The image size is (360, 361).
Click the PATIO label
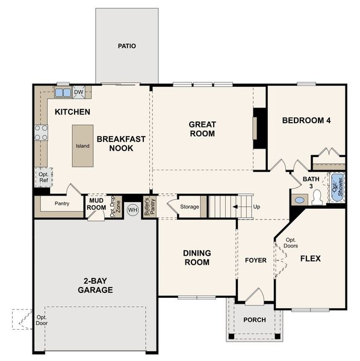tap(126, 46)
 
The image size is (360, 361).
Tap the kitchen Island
tap(83, 146)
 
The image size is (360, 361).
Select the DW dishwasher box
tap(78, 92)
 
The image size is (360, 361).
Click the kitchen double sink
tap(63, 92)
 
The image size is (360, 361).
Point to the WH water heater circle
tap(132, 210)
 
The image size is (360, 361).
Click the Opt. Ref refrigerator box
tap(43, 177)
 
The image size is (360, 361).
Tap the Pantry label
tap(61, 203)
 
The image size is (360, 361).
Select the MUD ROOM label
tap(96, 204)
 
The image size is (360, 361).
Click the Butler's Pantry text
tap(146, 206)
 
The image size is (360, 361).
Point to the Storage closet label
tap(190, 207)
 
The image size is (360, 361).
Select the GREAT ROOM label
tap(202, 129)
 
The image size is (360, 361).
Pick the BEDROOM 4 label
tap(306, 120)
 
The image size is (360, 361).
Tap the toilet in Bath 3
tap(299, 199)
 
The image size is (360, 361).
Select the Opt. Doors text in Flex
tap(291, 242)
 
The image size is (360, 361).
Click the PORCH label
tap(254, 319)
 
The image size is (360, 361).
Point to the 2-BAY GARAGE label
tap(95, 285)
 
